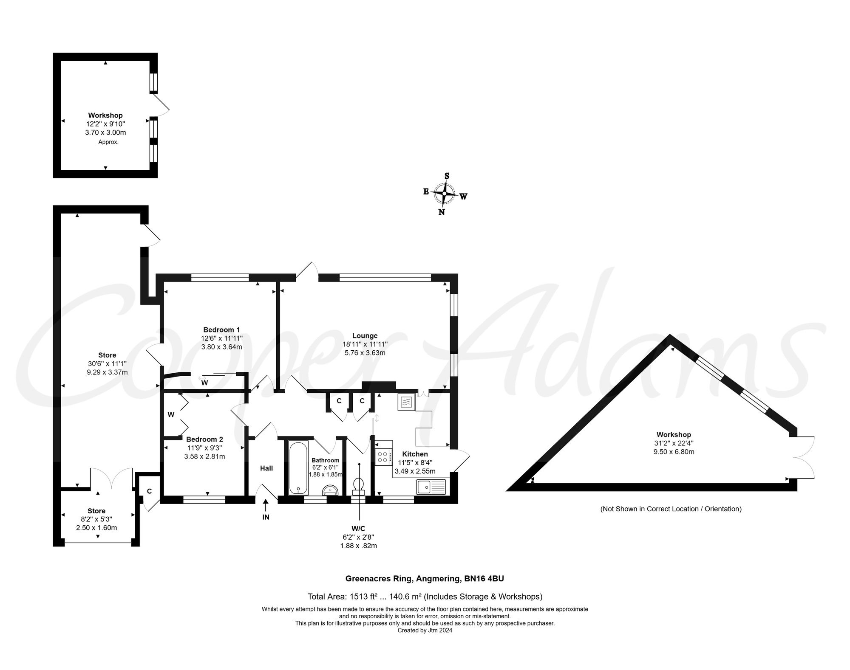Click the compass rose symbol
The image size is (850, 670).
pyautogui.click(x=445, y=194)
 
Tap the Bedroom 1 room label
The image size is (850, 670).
pyautogui.click(x=221, y=329)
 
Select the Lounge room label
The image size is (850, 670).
pyautogui.click(x=365, y=335)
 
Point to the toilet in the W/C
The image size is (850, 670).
pyautogui.click(x=359, y=486)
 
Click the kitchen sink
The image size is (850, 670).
pyautogui.click(x=431, y=487)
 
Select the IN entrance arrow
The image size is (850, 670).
pyautogui.click(x=266, y=506)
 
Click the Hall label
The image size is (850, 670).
pyautogui.click(x=266, y=468)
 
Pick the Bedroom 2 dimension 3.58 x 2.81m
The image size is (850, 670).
pyautogui.click(x=204, y=456)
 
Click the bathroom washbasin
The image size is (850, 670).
pyautogui.click(x=331, y=490)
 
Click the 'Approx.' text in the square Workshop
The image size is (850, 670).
pyautogui.click(x=108, y=142)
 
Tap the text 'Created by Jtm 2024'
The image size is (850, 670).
pyautogui.click(x=425, y=631)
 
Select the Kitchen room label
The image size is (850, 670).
pyautogui.click(x=415, y=454)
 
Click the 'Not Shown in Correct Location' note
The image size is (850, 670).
pyautogui.click(x=671, y=509)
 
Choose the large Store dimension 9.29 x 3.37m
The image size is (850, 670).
pyautogui.click(x=107, y=372)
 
